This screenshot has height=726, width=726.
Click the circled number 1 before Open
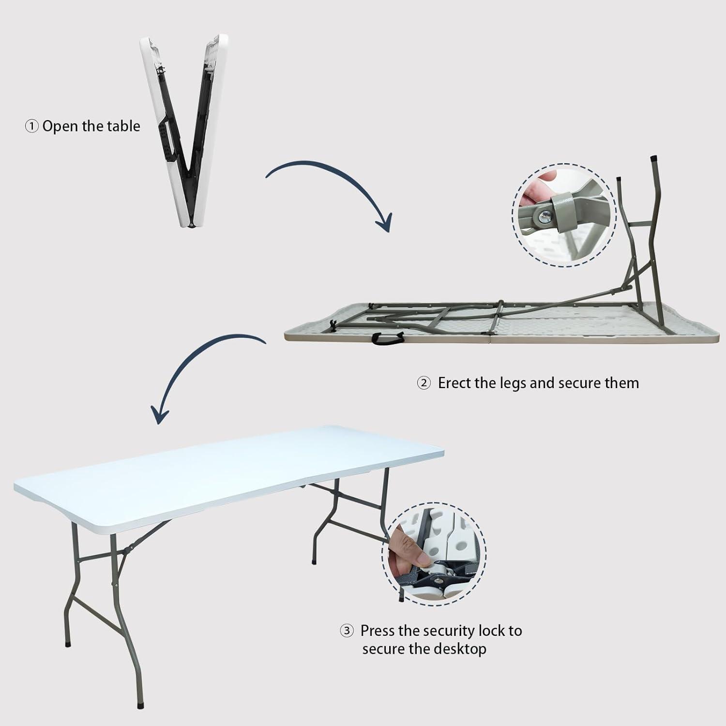click(31, 127)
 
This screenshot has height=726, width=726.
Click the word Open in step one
click(60, 126)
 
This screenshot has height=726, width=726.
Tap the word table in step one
click(123, 126)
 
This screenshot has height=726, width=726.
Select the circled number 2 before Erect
click(423, 383)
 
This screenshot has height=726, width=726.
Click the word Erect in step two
click(454, 383)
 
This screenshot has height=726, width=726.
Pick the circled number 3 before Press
click(347, 631)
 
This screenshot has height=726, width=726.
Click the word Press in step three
click(377, 631)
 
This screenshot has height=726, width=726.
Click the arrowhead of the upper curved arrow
click(385, 224)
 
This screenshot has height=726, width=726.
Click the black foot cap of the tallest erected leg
click(654, 158)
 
